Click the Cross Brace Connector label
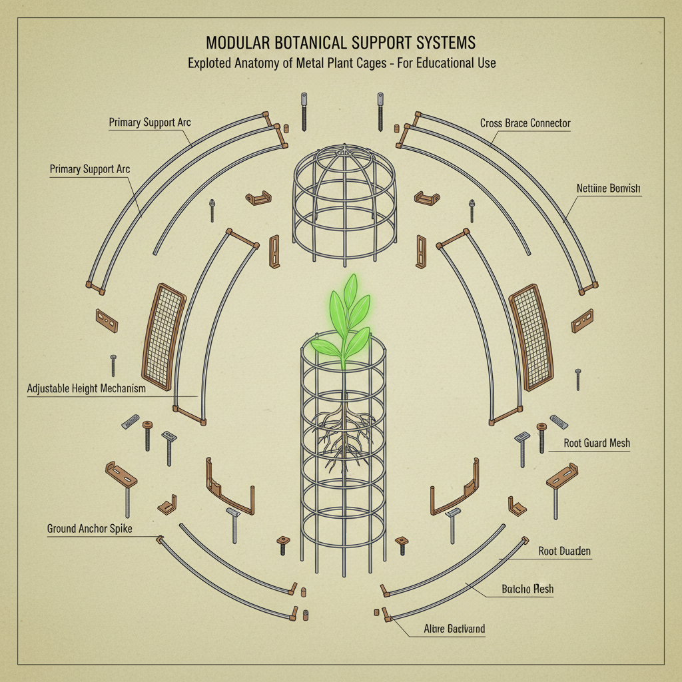point(525,123)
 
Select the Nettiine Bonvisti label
point(608,188)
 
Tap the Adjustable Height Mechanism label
point(86,388)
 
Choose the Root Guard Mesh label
point(597,443)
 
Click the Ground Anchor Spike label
point(89,529)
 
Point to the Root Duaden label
point(564,551)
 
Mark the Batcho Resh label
point(527,589)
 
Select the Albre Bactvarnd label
point(454,629)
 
